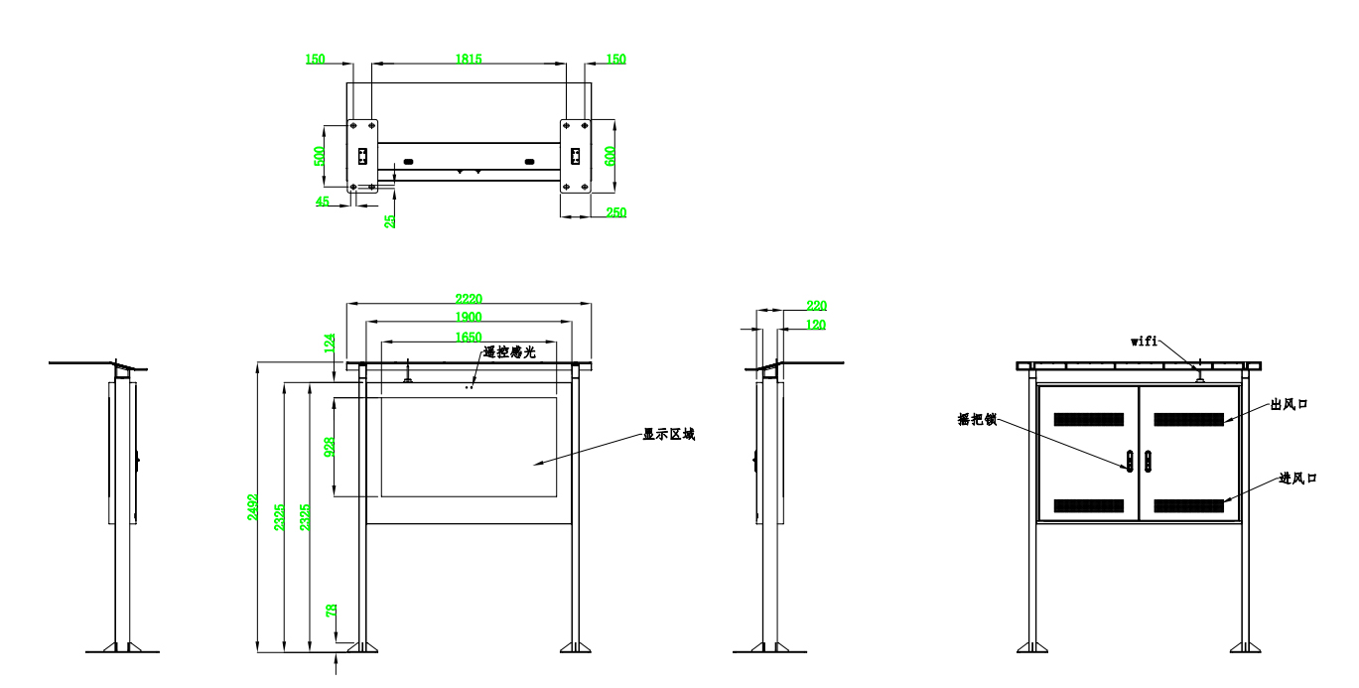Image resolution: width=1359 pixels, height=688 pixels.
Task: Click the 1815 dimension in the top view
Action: click(469, 60)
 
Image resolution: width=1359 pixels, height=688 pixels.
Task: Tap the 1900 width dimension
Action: click(469, 317)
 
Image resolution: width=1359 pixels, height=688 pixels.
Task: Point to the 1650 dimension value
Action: click(469, 338)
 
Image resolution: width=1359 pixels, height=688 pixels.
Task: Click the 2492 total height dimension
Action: click(253, 509)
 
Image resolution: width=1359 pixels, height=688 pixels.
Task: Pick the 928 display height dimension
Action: click(330, 447)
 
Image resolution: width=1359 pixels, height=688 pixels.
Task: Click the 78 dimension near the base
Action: click(331, 613)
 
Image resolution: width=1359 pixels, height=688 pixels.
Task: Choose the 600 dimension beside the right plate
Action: click(611, 156)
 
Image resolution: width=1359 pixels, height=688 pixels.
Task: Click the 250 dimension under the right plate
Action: click(615, 212)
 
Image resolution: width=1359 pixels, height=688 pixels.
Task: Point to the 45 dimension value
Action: click(323, 201)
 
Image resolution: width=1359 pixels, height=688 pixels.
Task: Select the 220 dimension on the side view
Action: click(817, 306)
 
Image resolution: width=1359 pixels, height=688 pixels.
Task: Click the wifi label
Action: click(1145, 341)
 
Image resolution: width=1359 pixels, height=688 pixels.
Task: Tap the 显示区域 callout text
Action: click(668, 435)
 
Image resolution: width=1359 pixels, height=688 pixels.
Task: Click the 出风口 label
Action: click(1290, 406)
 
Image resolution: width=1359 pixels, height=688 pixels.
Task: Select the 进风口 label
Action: click(1297, 479)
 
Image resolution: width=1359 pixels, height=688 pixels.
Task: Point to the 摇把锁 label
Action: click(977, 421)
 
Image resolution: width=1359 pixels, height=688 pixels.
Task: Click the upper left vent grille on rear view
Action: click(1088, 420)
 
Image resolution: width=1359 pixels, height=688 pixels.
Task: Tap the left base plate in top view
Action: click(362, 156)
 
